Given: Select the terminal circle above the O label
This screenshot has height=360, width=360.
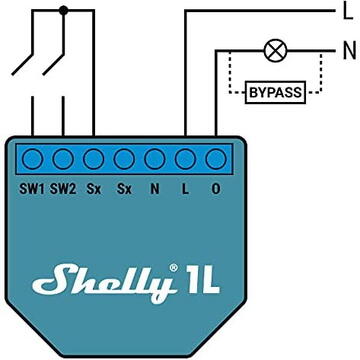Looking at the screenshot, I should (x=215, y=158).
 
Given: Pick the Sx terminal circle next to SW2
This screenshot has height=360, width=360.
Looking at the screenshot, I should (x=94, y=158).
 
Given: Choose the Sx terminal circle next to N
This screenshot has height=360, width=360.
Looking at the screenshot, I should (x=125, y=158).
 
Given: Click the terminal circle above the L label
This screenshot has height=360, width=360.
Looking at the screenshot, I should (x=185, y=158).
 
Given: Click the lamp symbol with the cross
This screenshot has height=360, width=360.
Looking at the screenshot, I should (x=271, y=48).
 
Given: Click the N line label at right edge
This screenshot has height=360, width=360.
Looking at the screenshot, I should (x=349, y=48).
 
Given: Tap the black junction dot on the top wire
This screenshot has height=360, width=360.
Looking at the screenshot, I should (x=63, y=12).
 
